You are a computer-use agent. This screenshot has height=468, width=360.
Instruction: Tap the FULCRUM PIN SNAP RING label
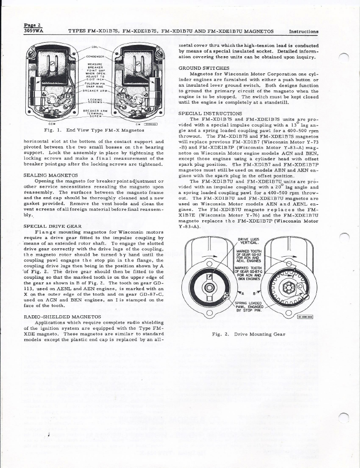94,84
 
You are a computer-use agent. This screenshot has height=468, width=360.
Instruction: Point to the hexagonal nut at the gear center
210,286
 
